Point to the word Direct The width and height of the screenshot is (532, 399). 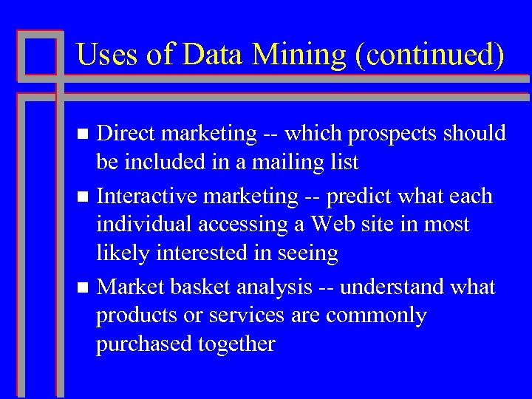tap(129, 134)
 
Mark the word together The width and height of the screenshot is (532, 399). tap(237, 344)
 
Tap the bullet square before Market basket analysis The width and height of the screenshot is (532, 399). tap(83, 287)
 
